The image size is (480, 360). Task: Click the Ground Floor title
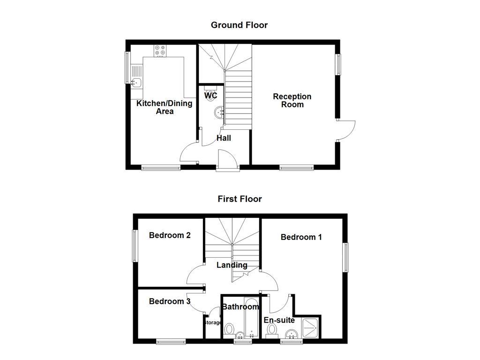click(x=239, y=25)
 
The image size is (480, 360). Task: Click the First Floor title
click(x=240, y=199)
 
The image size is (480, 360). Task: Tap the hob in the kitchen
click(x=160, y=50)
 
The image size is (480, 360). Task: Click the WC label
click(x=211, y=96)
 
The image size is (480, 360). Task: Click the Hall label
click(x=224, y=138)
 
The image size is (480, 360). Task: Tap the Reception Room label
click(x=292, y=100)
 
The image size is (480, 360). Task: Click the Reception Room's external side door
click(x=346, y=130)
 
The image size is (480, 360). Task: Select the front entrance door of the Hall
click(x=227, y=159)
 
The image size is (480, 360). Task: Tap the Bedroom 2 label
click(x=169, y=235)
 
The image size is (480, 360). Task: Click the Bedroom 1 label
click(x=301, y=237)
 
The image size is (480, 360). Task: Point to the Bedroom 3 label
click(x=169, y=301)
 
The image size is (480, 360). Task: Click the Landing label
click(x=232, y=265)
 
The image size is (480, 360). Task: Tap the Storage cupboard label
click(x=212, y=322)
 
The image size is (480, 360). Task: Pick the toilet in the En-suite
click(x=272, y=330)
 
